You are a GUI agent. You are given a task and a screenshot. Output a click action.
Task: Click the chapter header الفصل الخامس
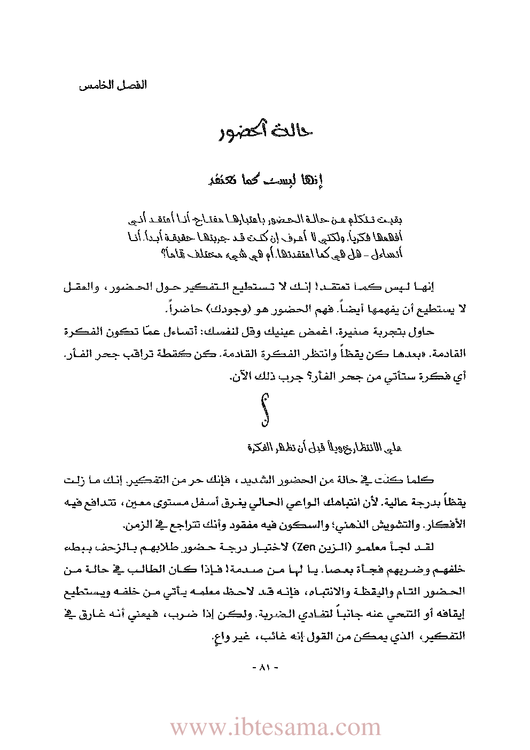click(x=113, y=86)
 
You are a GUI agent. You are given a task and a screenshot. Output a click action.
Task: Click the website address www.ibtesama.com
click(x=275, y=727)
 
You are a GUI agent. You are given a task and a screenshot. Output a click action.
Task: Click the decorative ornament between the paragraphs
click(x=265, y=410)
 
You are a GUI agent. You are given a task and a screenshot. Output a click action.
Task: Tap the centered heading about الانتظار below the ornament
click(x=324, y=447)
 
